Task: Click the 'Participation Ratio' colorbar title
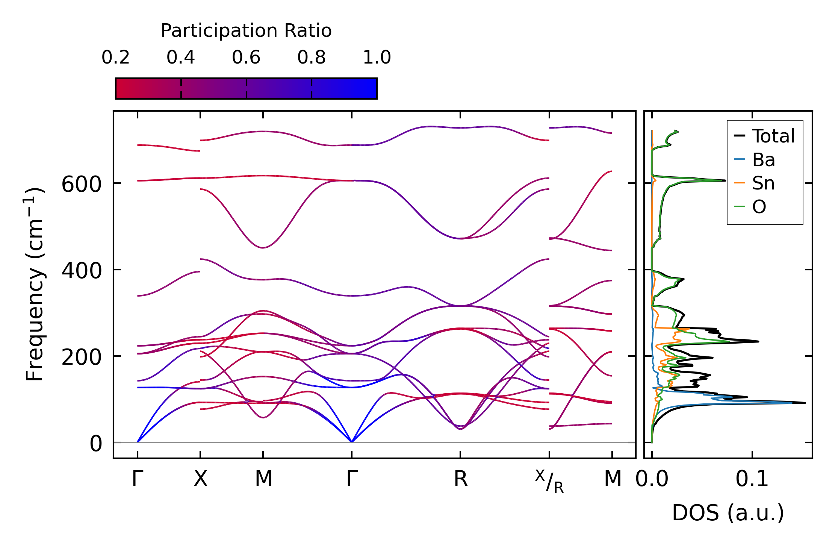246,31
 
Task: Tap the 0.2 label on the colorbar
115,58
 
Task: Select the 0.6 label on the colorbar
246,58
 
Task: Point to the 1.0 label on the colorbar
377,58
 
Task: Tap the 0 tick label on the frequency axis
95,444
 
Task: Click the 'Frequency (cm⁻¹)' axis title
35,284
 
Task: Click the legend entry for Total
773,136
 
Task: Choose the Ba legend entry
763,160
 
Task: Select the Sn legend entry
763,183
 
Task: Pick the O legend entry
759,207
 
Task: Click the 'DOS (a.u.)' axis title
728,513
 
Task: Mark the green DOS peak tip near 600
725,180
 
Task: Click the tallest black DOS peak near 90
805,403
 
